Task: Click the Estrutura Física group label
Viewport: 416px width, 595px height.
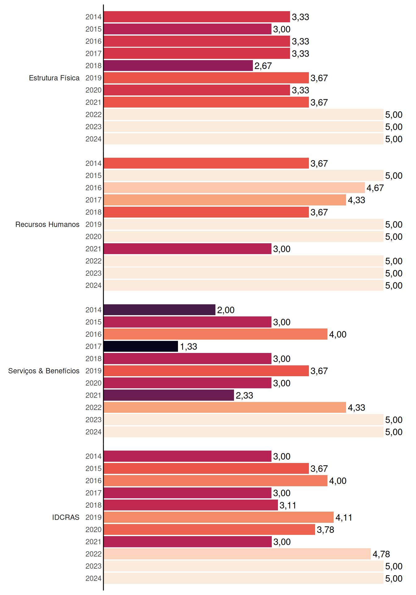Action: tap(54, 78)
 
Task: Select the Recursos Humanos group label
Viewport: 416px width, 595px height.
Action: tap(47, 224)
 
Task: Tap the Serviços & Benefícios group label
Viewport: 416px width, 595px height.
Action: tap(44, 371)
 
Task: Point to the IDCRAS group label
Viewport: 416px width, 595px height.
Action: tap(66, 517)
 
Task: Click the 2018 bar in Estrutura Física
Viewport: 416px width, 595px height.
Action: tap(178, 66)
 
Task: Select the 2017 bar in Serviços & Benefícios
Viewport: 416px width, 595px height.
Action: tap(141, 346)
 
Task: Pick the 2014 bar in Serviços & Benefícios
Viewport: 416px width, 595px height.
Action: tap(160, 310)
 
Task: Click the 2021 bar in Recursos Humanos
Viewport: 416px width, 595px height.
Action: tap(188, 249)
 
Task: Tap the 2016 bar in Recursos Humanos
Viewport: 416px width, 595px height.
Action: tap(234, 188)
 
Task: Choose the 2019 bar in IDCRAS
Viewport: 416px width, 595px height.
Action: tap(219, 517)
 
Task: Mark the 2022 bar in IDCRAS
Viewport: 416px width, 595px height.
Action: tap(237, 554)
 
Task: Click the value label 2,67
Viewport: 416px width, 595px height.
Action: tap(263, 66)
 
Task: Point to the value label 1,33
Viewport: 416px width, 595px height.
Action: tap(188, 346)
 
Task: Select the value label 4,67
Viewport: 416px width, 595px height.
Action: tap(375, 188)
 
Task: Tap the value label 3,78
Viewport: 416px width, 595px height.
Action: tap(326, 530)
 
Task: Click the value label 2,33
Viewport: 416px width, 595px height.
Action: tap(245, 395)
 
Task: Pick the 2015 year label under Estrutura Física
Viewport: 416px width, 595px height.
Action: tap(93, 29)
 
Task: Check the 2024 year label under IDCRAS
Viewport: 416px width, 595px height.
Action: tap(93, 578)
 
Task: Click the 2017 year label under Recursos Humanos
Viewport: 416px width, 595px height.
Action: tap(93, 200)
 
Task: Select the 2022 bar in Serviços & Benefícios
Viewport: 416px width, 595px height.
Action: tap(225, 408)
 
